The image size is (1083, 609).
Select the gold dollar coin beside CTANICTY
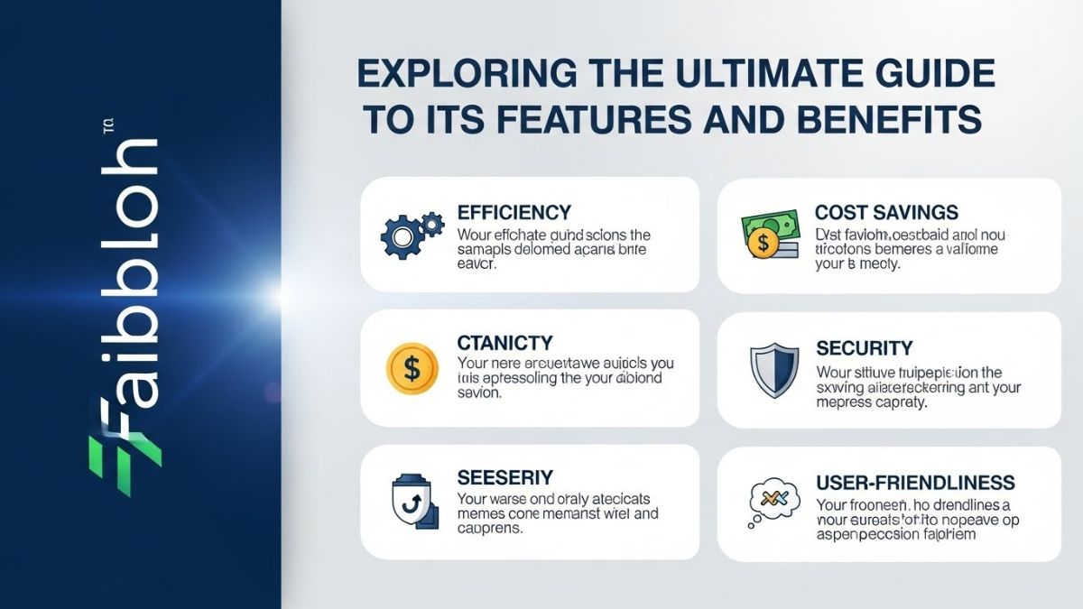tap(412, 368)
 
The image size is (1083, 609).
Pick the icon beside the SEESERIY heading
tap(413, 502)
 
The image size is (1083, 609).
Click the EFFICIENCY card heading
tap(514, 213)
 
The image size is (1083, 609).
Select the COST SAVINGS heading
tap(885, 213)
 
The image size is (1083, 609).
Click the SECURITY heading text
tap(864, 348)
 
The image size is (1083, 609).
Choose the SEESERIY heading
tap(504, 477)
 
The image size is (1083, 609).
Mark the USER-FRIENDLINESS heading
tap(915, 483)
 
